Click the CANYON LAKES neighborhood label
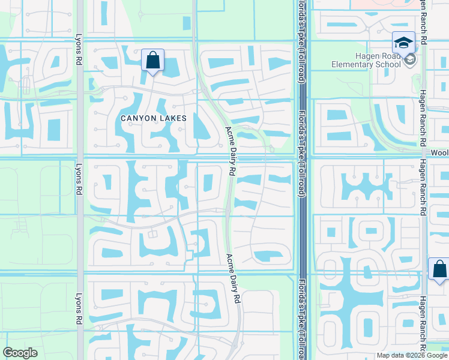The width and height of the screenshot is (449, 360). click(154, 118)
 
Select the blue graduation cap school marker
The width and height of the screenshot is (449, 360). click(403, 43)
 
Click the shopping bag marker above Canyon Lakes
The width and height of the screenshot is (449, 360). click(153, 61)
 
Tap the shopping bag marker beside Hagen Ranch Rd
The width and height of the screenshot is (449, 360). click(439, 269)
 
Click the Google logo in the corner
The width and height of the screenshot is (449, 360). click(20, 353)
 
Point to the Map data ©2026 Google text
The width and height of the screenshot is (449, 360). click(412, 355)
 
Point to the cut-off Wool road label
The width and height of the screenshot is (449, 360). click(439, 154)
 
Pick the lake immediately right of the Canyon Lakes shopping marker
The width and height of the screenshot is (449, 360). click(171, 67)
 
